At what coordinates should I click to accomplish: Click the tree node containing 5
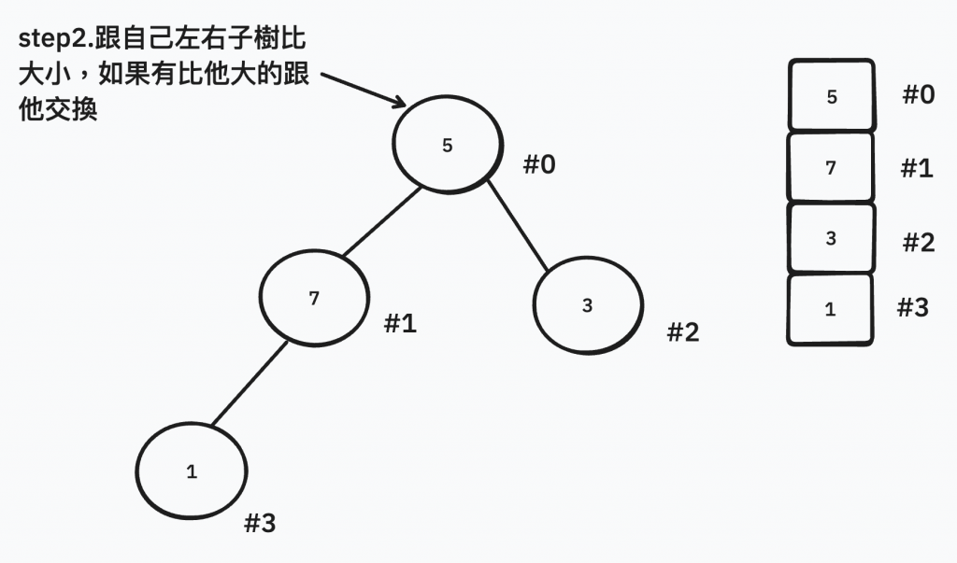(x=447, y=146)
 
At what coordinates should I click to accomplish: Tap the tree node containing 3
(x=587, y=306)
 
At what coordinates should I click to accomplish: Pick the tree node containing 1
(x=192, y=472)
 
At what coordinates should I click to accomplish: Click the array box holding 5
(x=832, y=96)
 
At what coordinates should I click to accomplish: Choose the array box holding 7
(x=831, y=168)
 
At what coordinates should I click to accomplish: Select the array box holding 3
(x=831, y=238)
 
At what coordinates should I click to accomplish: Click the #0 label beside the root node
(x=539, y=165)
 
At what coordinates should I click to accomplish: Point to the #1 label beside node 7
(x=401, y=324)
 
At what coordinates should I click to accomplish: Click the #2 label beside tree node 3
(x=683, y=331)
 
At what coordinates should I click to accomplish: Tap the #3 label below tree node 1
(x=260, y=524)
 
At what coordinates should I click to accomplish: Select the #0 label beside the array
(x=919, y=94)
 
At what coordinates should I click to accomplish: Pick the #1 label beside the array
(x=917, y=168)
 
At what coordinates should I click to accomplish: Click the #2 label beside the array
(x=919, y=243)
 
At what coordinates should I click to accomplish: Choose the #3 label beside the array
(x=913, y=308)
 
